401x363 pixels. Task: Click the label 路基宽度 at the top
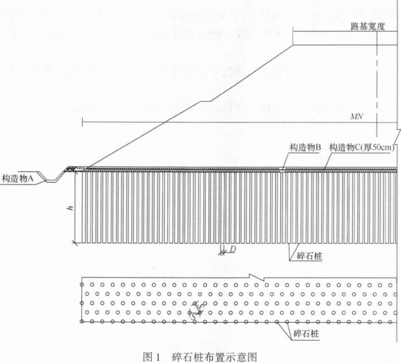coord(367,27)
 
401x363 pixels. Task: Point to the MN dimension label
coord(356,117)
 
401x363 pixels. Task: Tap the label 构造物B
coord(305,147)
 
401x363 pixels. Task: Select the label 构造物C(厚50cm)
coord(361,147)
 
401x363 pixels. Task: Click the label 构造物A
coord(18,179)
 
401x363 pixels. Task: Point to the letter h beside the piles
coord(70,208)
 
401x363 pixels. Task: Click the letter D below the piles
coord(232,249)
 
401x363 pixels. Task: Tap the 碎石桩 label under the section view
coord(310,256)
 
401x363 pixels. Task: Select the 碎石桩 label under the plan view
coord(306,334)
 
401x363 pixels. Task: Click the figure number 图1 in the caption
coord(152,357)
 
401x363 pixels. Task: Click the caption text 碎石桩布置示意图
coord(214,357)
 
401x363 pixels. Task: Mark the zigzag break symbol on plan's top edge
coord(257,277)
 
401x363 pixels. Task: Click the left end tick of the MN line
coord(83,122)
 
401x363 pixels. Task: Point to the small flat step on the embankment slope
coord(206,101)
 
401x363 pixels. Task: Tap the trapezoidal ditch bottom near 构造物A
coord(53,181)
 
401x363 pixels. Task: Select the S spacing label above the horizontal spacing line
coord(201,305)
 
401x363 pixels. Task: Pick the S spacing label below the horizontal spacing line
coord(193,318)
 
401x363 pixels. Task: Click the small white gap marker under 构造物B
coord(282,169)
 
